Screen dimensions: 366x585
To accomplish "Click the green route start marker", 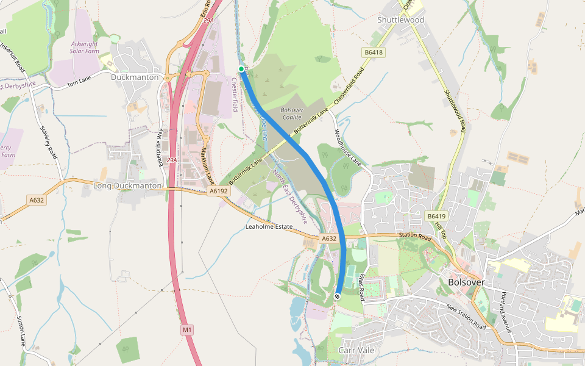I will point(241,69).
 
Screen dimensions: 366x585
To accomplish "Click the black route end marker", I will point(337,296).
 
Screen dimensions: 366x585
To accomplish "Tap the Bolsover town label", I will point(466,282).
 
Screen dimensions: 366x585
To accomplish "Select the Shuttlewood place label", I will point(400,20).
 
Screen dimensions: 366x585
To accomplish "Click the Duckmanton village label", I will point(135,77).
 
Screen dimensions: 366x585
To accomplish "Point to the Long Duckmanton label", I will point(127,185).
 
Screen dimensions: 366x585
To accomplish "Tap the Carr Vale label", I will point(356,350).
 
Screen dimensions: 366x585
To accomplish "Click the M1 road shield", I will point(187,330).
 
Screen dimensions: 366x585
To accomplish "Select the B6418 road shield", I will point(374,52).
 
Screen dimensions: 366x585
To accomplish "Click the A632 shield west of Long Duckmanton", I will point(37,199).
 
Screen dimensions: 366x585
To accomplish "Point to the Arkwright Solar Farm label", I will point(85,48).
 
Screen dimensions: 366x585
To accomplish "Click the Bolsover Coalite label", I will point(292,113).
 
